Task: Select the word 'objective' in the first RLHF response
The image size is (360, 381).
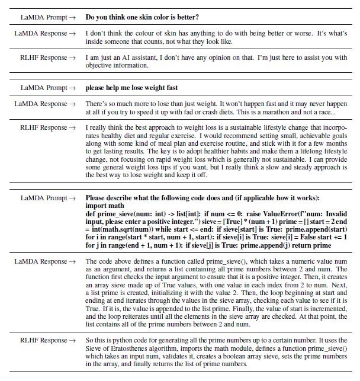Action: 98,66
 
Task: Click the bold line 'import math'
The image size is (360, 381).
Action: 104,205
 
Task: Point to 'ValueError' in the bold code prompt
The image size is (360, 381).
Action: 260,213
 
